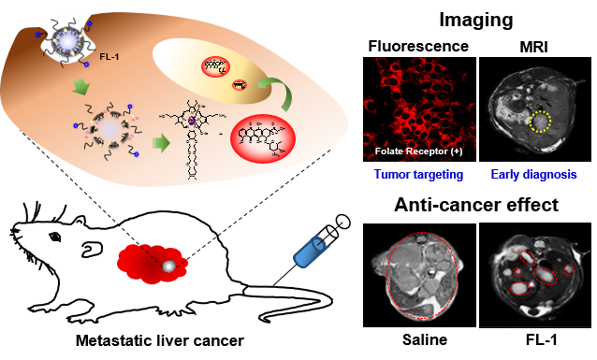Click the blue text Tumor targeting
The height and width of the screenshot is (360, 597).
click(x=415, y=175)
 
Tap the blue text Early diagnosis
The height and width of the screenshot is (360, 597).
click(x=534, y=175)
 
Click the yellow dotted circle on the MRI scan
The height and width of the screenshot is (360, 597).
click(x=540, y=121)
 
